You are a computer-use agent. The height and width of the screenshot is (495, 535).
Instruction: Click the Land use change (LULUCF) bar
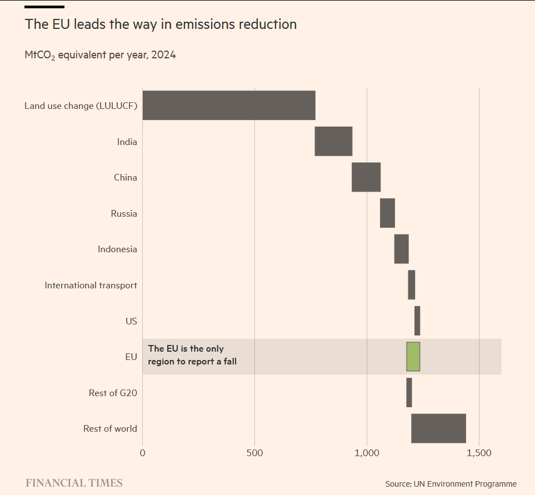pos(229,106)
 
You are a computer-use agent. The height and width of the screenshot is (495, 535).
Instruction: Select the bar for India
pos(333,141)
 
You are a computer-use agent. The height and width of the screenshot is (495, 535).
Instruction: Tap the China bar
pos(366,177)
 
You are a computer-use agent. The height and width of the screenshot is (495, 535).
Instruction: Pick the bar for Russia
pos(388,213)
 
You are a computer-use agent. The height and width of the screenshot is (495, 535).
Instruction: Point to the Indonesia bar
pos(402,249)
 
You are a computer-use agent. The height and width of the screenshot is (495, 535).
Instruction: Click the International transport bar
pos(412,285)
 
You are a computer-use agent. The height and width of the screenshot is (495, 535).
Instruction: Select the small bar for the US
pos(417,321)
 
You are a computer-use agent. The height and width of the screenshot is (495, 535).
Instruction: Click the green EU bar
pos(413,357)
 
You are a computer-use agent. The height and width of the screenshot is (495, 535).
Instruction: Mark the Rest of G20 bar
pos(409,393)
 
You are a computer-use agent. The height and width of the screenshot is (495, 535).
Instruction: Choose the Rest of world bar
pos(438,428)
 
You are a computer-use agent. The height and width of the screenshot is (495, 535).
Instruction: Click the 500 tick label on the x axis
pos(254,453)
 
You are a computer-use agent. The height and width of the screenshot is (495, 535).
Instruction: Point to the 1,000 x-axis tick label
pos(367,453)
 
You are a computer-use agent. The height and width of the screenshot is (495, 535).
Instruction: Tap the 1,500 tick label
pos(479,453)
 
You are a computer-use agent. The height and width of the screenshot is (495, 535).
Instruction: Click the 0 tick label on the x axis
pos(143,453)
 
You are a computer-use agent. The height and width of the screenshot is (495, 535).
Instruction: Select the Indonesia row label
pos(117,249)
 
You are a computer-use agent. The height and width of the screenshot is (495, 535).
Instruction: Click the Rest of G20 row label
pos(113,393)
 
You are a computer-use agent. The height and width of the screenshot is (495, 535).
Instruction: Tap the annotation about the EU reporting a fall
pos(192,355)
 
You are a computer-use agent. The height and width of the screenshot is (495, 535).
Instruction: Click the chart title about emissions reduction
pos(161,24)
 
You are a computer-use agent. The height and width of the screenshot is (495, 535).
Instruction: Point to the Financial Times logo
pos(74,483)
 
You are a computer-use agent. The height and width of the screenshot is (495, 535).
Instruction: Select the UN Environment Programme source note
pos(451,484)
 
